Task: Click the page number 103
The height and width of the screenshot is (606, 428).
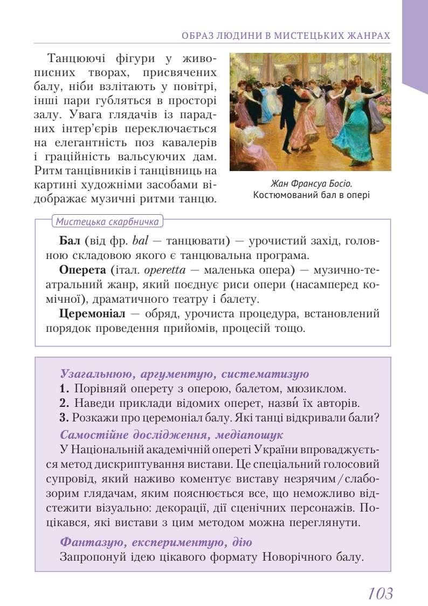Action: click(x=381, y=593)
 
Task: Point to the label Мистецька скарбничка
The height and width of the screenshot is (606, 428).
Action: click(x=107, y=222)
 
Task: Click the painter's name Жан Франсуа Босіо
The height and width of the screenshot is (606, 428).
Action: click(x=310, y=183)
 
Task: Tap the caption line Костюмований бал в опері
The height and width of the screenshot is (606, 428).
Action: click(x=311, y=195)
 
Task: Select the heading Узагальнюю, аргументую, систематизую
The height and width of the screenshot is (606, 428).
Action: click(x=184, y=373)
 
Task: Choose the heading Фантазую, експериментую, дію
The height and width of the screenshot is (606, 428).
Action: click(x=156, y=541)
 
